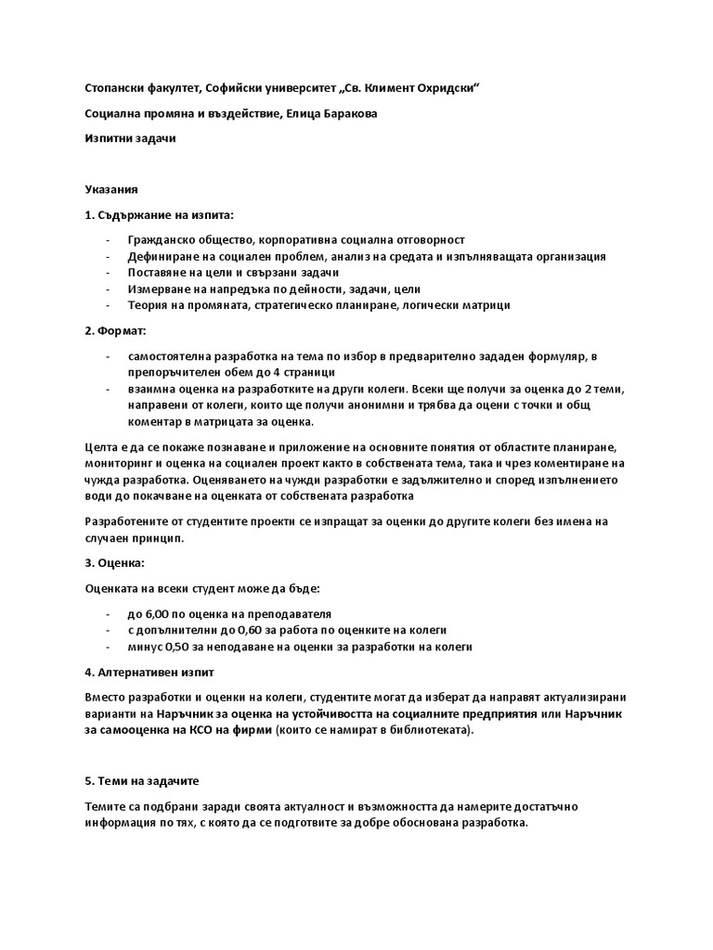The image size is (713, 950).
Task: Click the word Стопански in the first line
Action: click(114, 87)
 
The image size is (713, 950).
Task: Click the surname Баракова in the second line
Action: click(345, 113)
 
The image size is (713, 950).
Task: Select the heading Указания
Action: click(111, 189)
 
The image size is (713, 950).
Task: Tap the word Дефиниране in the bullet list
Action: click(162, 256)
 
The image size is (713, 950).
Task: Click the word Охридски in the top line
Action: click(449, 87)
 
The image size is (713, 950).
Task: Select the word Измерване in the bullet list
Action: click(159, 289)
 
